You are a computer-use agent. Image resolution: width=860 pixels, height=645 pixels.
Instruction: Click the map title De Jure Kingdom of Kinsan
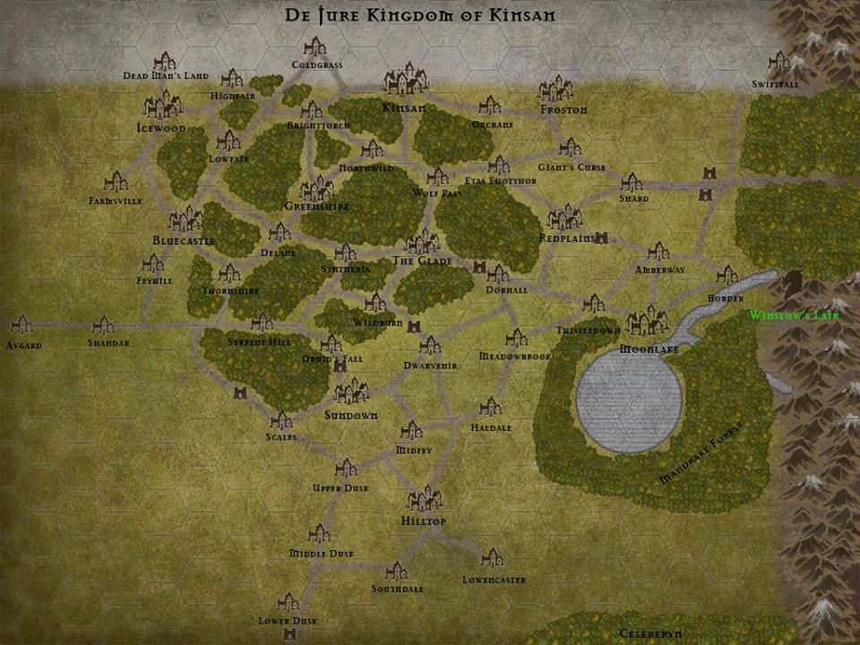coord(420,15)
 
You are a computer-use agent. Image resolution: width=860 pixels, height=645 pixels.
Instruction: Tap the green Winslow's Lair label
coord(794,315)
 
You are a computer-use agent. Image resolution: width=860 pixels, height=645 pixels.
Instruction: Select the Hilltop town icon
coord(425,500)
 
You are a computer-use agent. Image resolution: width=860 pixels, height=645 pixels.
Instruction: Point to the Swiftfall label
coord(776,84)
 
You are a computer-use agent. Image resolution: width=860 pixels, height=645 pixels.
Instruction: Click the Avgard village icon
coord(21,324)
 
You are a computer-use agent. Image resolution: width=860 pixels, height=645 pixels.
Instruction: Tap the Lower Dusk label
coord(288,621)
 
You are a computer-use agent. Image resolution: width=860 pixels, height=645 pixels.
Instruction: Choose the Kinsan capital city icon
coord(405,78)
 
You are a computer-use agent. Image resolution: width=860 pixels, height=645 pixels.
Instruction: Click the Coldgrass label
coord(317,64)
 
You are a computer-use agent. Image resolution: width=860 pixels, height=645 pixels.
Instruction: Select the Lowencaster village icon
coord(492,559)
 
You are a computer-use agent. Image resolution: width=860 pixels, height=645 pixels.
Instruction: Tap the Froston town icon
coord(556,89)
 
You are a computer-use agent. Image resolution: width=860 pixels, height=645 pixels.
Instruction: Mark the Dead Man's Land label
coord(166,76)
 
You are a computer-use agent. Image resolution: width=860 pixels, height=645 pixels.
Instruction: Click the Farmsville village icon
coord(115,182)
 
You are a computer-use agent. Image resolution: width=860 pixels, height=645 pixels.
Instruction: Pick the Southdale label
coord(398,589)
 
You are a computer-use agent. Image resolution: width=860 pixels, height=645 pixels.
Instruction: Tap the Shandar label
coord(108,343)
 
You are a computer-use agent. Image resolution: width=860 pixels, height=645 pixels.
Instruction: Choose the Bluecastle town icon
coord(185,219)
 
